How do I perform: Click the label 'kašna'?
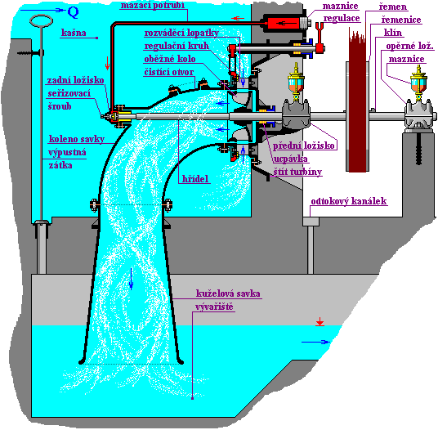pyautogui.click(x=74, y=33)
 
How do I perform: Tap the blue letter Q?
pyautogui.click(x=74, y=12)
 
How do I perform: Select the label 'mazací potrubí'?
pyautogui.click(x=153, y=6)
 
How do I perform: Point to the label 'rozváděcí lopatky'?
pyautogui.click(x=181, y=33)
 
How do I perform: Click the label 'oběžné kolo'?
pyautogui.click(x=169, y=59)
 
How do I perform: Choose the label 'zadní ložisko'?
pyautogui.click(x=75, y=80)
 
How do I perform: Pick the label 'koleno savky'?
pyautogui.click(x=77, y=139)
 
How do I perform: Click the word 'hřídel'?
pyautogui.click(x=195, y=179)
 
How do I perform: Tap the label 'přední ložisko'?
pyautogui.click(x=303, y=146)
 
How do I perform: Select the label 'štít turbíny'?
pyautogui.click(x=297, y=172)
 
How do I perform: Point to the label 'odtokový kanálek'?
pyautogui.click(x=349, y=201)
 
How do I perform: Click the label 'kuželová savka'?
pyautogui.click(x=228, y=293)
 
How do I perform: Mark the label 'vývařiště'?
pyautogui.click(x=214, y=307)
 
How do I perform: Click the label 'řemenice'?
pyautogui.click(x=401, y=20)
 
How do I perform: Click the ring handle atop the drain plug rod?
pyautogui.click(x=42, y=21)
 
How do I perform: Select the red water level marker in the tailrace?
pyautogui.click(x=320, y=322)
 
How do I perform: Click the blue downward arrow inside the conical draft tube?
pyautogui.click(x=131, y=279)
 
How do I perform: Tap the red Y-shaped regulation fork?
pyautogui.click(x=320, y=37)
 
